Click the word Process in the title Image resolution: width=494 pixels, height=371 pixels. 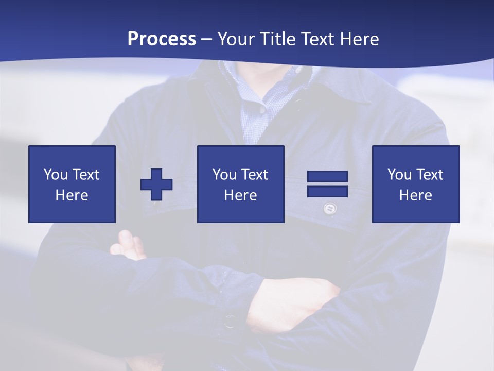click(x=162, y=39)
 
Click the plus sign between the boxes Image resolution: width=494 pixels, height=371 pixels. click(x=156, y=184)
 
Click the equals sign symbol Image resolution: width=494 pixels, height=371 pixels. click(x=327, y=184)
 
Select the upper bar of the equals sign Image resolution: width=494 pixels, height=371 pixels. click(x=327, y=177)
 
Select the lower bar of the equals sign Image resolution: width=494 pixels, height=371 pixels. click(x=327, y=191)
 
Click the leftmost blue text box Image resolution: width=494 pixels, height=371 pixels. click(x=72, y=184)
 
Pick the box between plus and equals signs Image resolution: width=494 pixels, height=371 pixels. click(x=241, y=184)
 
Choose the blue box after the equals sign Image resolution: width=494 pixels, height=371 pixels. click(x=416, y=184)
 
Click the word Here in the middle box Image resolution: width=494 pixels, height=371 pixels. click(x=241, y=195)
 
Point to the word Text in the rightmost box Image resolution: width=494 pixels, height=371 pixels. click(x=430, y=175)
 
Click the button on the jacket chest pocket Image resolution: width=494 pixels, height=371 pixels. click(x=329, y=209)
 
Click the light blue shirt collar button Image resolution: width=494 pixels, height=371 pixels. click(x=262, y=110)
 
